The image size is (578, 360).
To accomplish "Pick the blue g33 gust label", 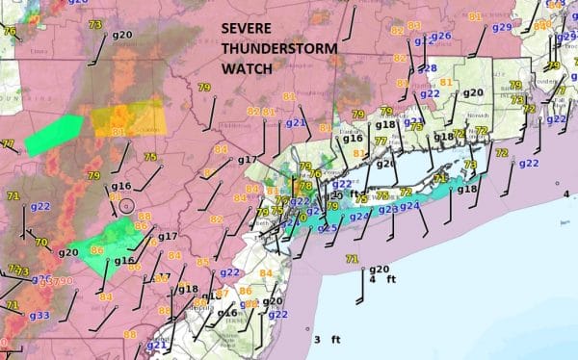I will (39, 315).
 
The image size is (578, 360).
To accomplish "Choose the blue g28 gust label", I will (428, 68).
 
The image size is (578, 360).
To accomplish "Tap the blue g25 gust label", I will (328, 228).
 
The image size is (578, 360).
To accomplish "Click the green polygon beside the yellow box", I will (55, 135).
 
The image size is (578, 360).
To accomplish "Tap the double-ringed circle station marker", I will (126, 206).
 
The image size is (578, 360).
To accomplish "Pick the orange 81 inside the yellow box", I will (118, 132).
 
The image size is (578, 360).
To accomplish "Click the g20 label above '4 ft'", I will (379, 269).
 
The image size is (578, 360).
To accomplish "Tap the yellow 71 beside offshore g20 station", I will (352, 259).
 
